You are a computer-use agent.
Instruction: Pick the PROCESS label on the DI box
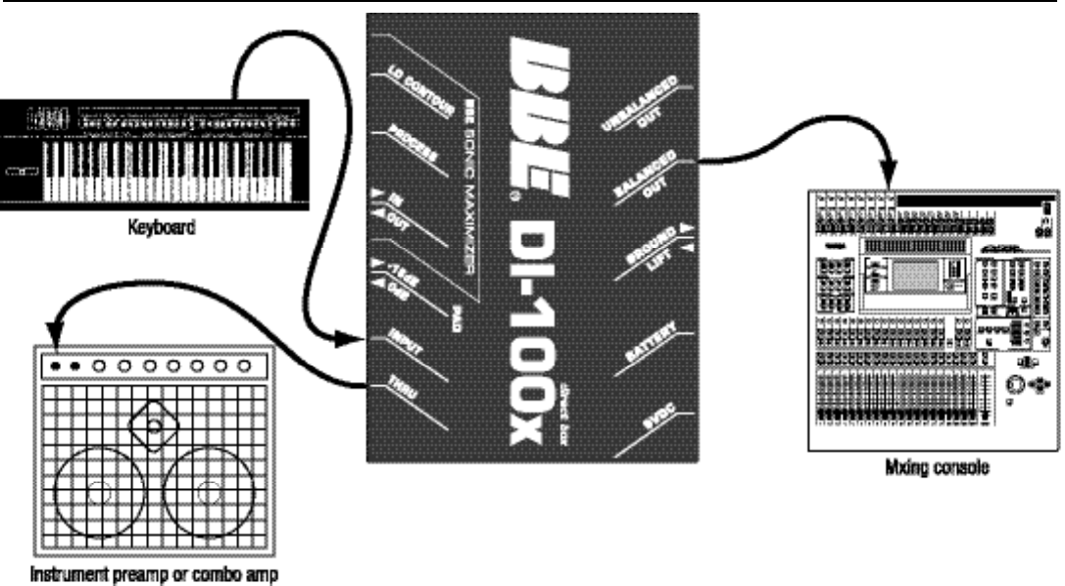(x=403, y=141)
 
